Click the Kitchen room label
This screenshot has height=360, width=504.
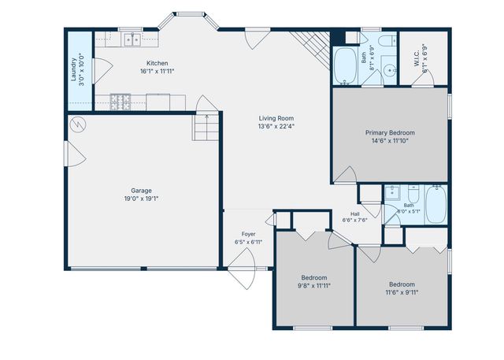[x=157, y=63]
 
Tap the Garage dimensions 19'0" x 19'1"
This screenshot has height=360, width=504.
[x=142, y=199]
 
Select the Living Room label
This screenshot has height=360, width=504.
[x=276, y=118]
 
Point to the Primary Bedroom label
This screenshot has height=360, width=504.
[x=390, y=132]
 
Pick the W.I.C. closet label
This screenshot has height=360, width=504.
[x=417, y=59]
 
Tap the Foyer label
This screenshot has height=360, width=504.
[x=249, y=234]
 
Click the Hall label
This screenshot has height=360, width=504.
[x=355, y=214]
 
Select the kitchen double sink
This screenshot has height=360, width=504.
[x=132, y=39]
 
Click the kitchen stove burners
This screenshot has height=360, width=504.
[x=120, y=102]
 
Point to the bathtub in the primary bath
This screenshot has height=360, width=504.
[x=345, y=66]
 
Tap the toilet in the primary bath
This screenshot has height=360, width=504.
[x=387, y=41]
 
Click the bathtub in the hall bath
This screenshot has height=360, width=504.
[x=435, y=205]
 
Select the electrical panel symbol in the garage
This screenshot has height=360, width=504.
[x=78, y=124]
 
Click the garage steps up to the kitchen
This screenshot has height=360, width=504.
[x=206, y=128]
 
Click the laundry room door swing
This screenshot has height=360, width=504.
[x=103, y=71]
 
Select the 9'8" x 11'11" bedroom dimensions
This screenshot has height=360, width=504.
[x=314, y=285]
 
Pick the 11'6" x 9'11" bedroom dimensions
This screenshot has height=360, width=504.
[x=402, y=292]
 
